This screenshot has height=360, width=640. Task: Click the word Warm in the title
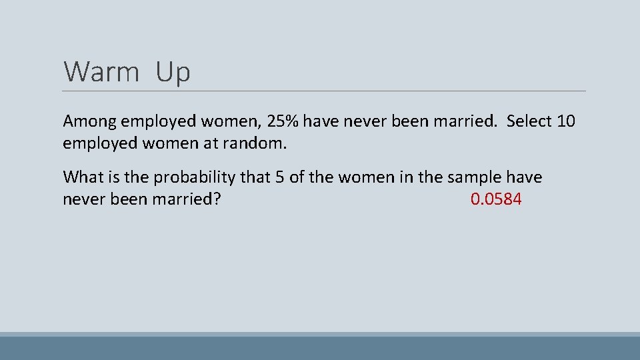pyautogui.click(x=101, y=72)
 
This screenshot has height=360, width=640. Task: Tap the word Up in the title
pyautogui.click(x=173, y=72)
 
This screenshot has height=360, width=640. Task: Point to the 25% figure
pyautogui.click(x=283, y=121)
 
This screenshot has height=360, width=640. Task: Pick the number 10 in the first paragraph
pyautogui.click(x=565, y=121)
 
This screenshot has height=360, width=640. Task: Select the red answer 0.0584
pyautogui.click(x=496, y=199)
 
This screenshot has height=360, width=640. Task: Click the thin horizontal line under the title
pyautogui.click(x=324, y=91)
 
